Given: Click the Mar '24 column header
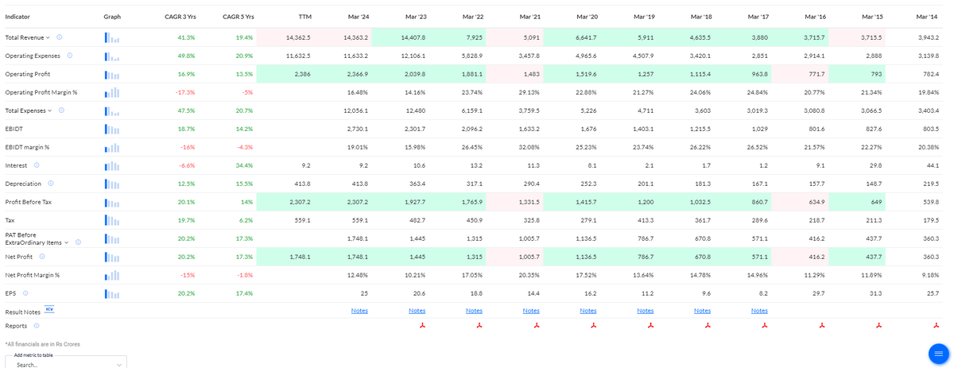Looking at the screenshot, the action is pyautogui.click(x=359, y=17).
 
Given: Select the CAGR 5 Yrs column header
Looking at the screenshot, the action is pyautogui.click(x=238, y=17).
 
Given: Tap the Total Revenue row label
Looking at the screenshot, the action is pyautogui.click(x=25, y=37).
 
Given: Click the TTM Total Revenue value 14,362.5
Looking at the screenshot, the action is pyautogui.click(x=298, y=37).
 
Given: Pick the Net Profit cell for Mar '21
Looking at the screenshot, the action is pyautogui.click(x=529, y=257).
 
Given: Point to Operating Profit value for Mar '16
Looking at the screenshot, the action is pyautogui.click(x=816, y=74).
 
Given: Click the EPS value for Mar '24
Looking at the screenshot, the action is pyautogui.click(x=364, y=293).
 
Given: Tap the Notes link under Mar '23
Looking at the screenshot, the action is pyautogui.click(x=417, y=311).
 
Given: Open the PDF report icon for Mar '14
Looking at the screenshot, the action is pyautogui.click(x=937, y=326).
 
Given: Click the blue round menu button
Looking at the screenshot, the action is pyautogui.click(x=939, y=354).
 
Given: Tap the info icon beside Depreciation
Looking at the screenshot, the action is pyautogui.click(x=51, y=184).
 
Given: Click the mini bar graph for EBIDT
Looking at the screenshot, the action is pyautogui.click(x=112, y=129).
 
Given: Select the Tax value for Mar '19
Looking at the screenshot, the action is pyautogui.click(x=645, y=221).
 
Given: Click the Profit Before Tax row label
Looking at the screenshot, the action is pyautogui.click(x=28, y=203).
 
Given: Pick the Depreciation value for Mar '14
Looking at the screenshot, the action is pyautogui.click(x=931, y=184).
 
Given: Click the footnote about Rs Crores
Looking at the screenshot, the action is pyautogui.click(x=43, y=344).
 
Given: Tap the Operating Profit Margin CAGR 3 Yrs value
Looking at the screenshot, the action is pyautogui.click(x=185, y=92).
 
